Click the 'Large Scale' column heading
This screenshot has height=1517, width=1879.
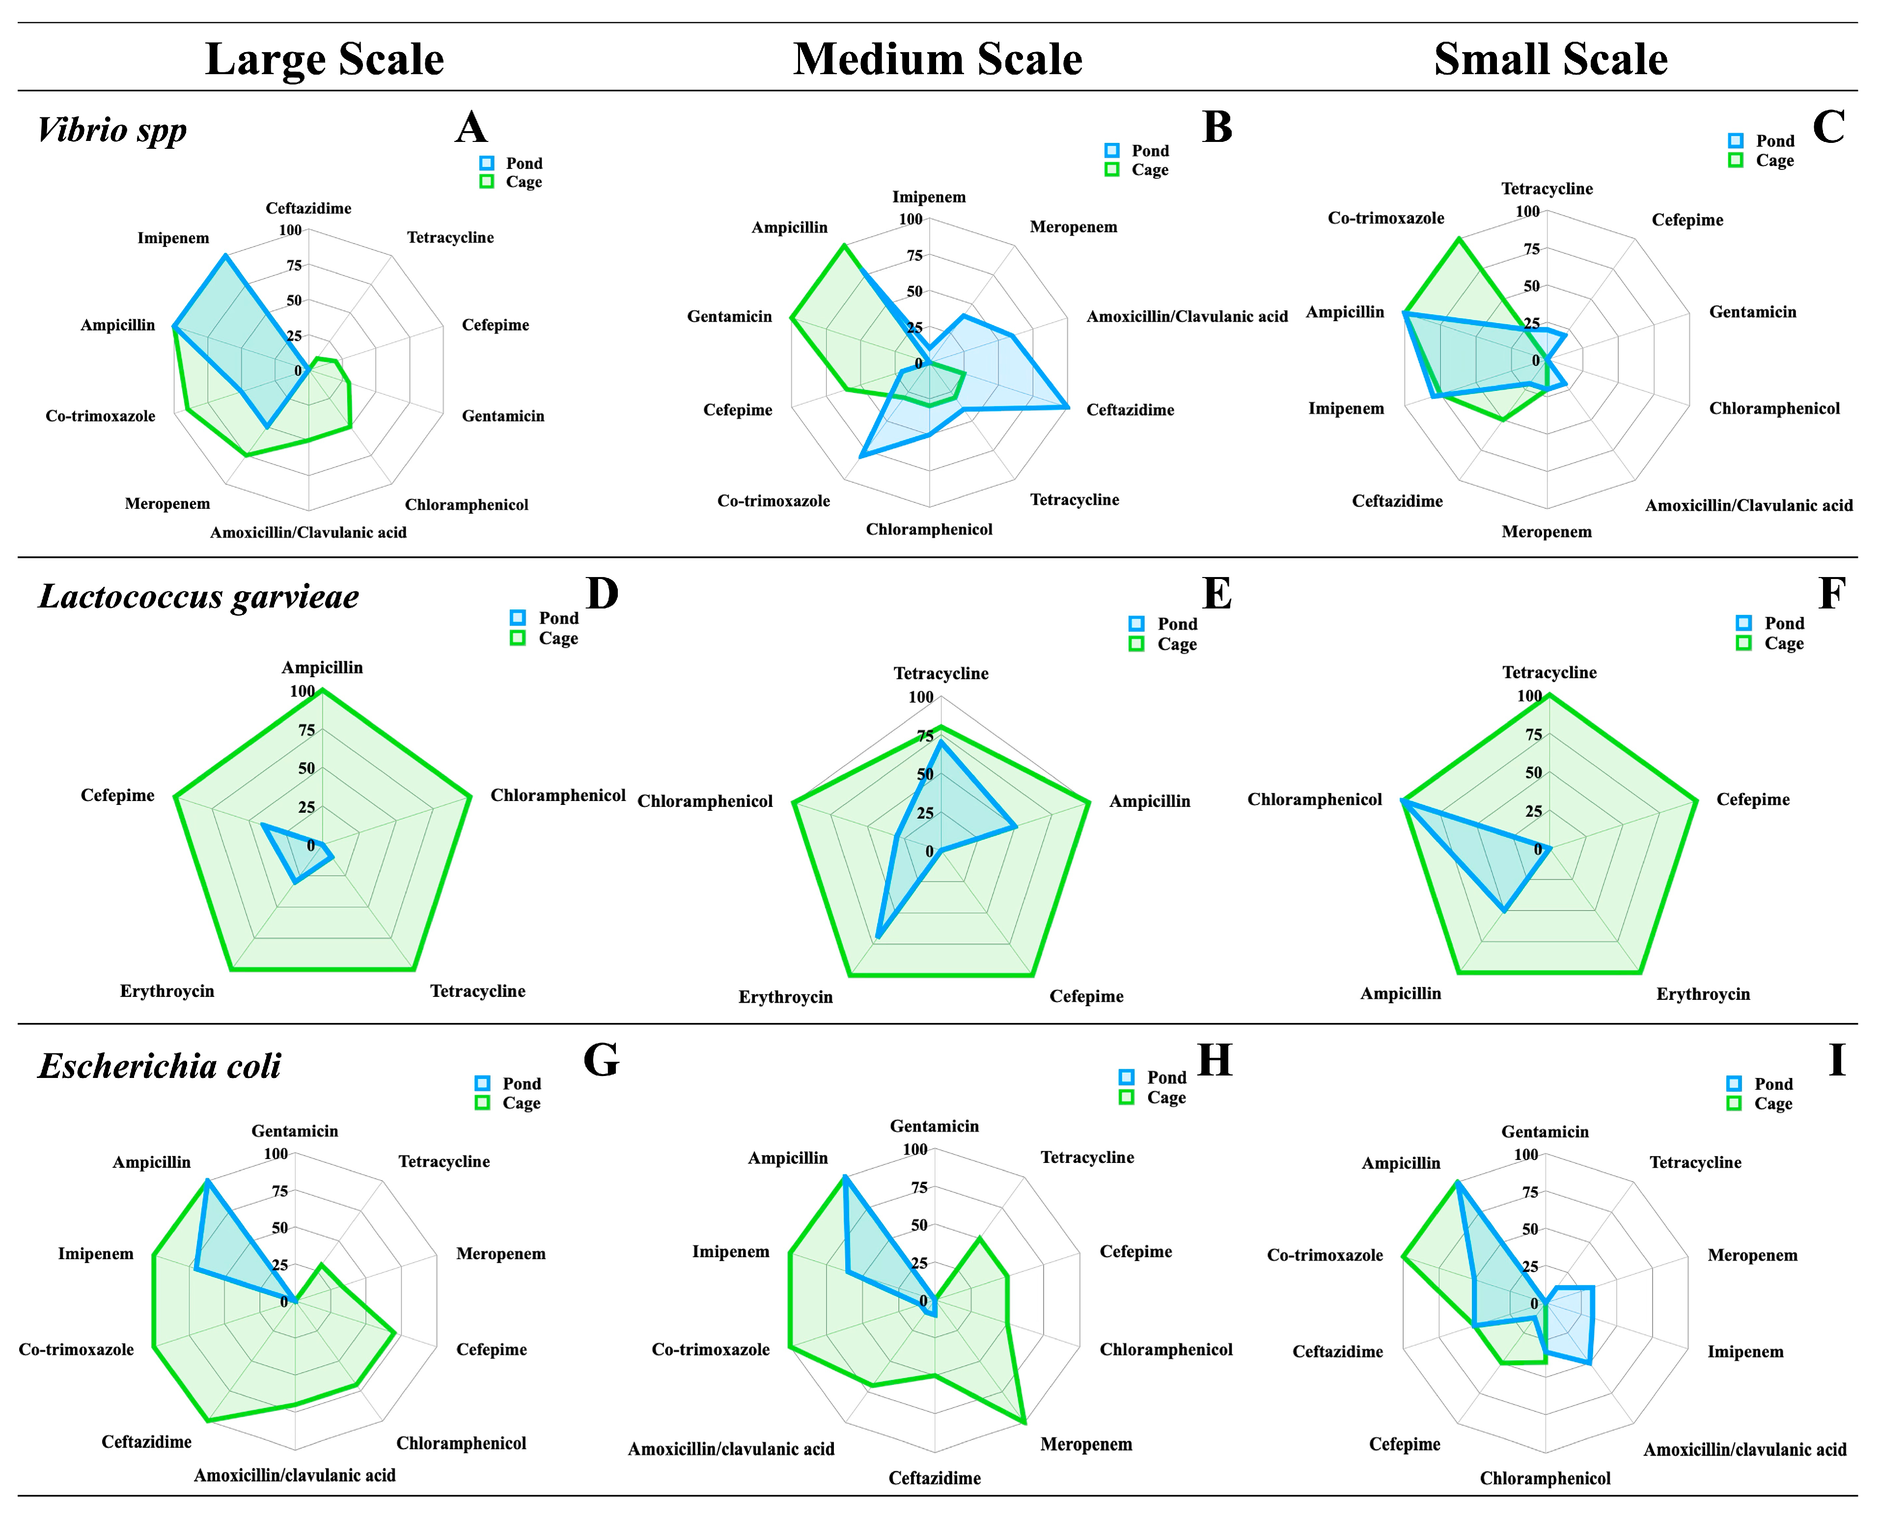click(324, 59)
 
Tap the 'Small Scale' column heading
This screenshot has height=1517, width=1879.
click(1550, 59)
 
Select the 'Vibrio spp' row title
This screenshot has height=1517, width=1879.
click(112, 130)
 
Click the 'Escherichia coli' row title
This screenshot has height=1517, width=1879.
click(160, 1066)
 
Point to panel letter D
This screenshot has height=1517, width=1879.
click(602, 593)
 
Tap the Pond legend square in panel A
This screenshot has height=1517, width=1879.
click(487, 164)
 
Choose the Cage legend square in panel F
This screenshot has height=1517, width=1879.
click(1743, 643)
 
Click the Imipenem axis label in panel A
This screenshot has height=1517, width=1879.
click(173, 238)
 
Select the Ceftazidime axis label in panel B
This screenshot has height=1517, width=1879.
click(1130, 410)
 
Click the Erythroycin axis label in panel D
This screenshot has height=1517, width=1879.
click(167, 991)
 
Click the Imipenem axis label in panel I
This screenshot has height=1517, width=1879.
click(1745, 1352)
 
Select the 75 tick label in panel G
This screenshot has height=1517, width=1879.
click(279, 1191)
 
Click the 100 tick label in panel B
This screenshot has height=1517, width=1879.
click(911, 220)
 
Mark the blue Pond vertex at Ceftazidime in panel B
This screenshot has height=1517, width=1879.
click(1067, 407)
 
